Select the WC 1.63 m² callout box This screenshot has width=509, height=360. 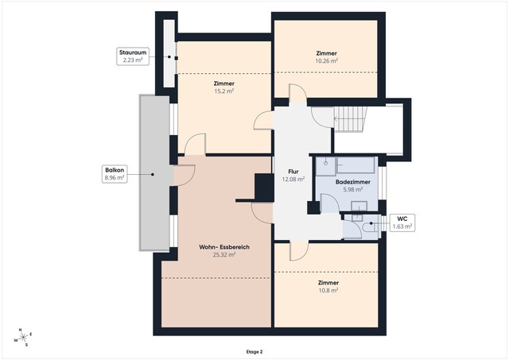pyautogui.click(x=402, y=223)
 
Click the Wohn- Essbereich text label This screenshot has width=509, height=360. pyautogui.click(x=224, y=248)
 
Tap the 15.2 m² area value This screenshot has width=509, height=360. pyautogui.click(x=223, y=91)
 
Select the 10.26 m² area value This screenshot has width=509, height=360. pyautogui.click(x=326, y=60)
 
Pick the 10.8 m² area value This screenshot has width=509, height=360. pyautogui.click(x=328, y=291)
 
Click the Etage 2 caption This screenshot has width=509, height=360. pyautogui.click(x=254, y=350)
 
